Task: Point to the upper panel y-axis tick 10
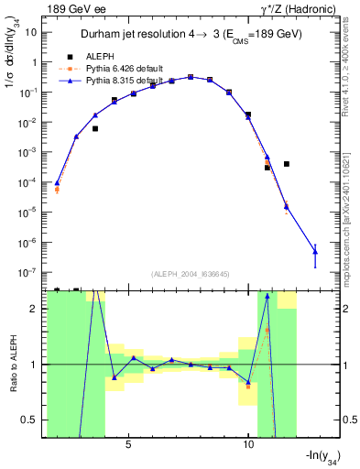31,32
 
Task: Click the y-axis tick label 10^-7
27,273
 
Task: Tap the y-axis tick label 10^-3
27,152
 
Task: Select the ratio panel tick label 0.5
29,420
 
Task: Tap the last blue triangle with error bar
315,250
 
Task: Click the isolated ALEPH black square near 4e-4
287,164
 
